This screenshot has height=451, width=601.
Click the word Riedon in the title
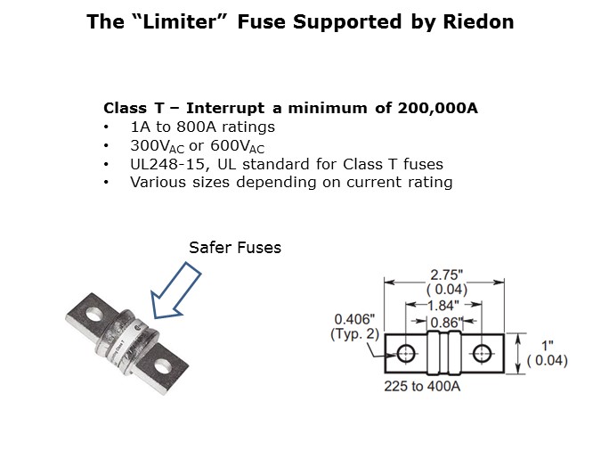[x=478, y=21]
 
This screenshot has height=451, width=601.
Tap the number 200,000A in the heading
[x=437, y=108]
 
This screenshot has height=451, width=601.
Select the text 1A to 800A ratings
[x=202, y=127]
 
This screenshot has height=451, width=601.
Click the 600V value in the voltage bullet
[x=237, y=146]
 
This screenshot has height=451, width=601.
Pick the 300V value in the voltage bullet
[x=157, y=146]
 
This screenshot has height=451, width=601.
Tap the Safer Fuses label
[x=235, y=248]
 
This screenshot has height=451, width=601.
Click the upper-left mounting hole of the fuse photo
[x=94, y=315]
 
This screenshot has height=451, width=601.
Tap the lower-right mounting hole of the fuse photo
[x=164, y=365]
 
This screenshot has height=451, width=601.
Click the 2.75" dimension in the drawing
[x=447, y=275]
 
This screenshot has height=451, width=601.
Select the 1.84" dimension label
[x=443, y=306]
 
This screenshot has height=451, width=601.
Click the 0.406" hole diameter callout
[x=354, y=319]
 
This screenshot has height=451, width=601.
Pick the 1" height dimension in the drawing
[x=547, y=346]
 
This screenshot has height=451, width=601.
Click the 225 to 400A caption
[x=422, y=386]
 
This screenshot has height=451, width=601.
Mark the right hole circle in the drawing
[x=482, y=353]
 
